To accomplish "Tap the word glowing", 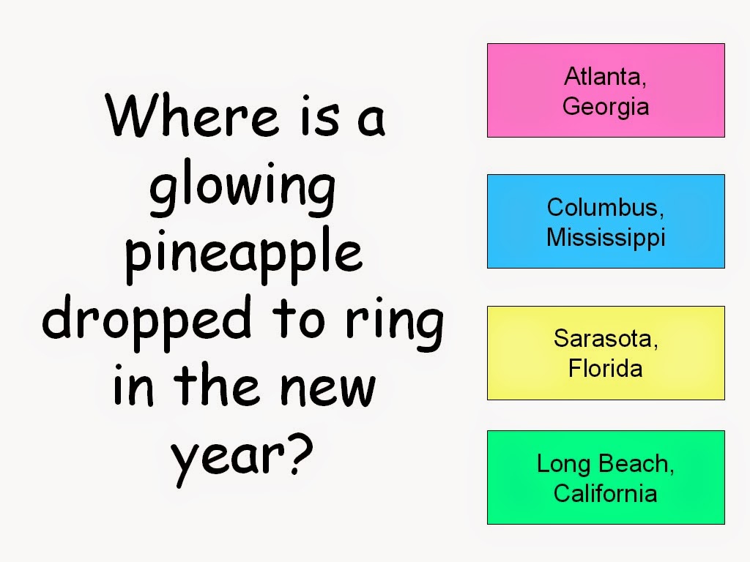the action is pos(242,188).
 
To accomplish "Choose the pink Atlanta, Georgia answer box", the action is pos(606,90).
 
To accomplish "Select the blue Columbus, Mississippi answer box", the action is pos(606,221).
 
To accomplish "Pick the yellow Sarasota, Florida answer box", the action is pos(606,353).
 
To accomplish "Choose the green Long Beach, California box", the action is pos(606,477).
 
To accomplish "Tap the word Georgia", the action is pos(606,107).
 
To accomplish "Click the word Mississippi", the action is pos(606,238).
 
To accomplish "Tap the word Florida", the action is pos(606,369).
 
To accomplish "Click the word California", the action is pos(606,494).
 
